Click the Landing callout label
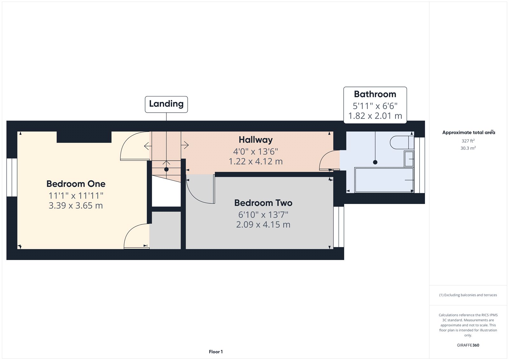coord(166,104)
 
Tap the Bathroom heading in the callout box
coord(375,94)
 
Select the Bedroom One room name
coord(76,184)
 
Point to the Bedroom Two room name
coord(263,203)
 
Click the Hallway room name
coord(255,140)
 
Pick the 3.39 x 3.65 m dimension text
coord(76,206)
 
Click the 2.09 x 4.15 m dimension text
coord(263,225)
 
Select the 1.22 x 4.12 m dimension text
coord(255,161)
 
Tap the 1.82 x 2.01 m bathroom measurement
coord(375,116)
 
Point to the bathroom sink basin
coord(409,159)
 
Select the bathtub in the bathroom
coord(384,180)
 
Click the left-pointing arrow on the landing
coord(148,146)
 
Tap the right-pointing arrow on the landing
coord(185,145)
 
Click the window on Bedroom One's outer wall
coord(12,177)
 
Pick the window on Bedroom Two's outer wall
coord(339,227)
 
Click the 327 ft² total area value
coord(468,141)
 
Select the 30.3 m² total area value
coord(468,148)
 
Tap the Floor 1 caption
coord(216,352)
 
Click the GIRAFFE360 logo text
coord(468,345)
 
